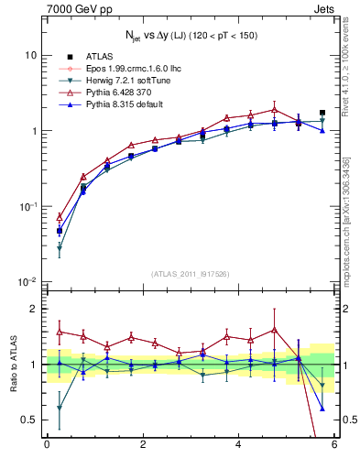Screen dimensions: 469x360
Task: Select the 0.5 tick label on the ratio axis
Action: [27, 420]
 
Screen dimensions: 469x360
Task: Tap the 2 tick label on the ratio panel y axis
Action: [32, 309]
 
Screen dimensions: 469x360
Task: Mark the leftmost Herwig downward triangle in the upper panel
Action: [60, 248]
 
